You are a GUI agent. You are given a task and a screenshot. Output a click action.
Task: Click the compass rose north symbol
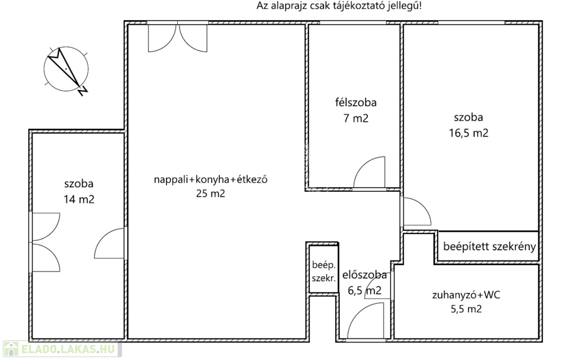click(66, 69)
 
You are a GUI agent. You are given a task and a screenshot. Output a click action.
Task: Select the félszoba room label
click(355, 102)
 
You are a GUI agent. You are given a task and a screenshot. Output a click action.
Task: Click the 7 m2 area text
click(355, 118)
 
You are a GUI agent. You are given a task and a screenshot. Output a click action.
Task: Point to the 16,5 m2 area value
click(469, 133)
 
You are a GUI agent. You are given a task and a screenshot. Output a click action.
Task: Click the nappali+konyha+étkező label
click(210, 179)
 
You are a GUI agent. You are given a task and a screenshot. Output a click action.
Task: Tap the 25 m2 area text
click(210, 193)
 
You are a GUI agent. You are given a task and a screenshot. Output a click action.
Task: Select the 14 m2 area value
click(79, 199)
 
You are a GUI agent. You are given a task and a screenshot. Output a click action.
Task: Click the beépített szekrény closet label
click(489, 246)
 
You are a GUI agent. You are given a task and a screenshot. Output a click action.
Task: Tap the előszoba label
click(364, 274)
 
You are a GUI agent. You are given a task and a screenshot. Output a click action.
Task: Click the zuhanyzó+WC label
click(466, 295)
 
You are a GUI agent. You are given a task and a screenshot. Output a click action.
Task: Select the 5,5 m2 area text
click(466, 309)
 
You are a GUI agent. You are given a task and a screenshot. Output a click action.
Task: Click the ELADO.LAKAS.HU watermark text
click(68, 349)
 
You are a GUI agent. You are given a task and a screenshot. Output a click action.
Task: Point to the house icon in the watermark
click(11, 349)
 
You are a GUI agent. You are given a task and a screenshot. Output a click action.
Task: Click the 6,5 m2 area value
click(364, 291)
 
